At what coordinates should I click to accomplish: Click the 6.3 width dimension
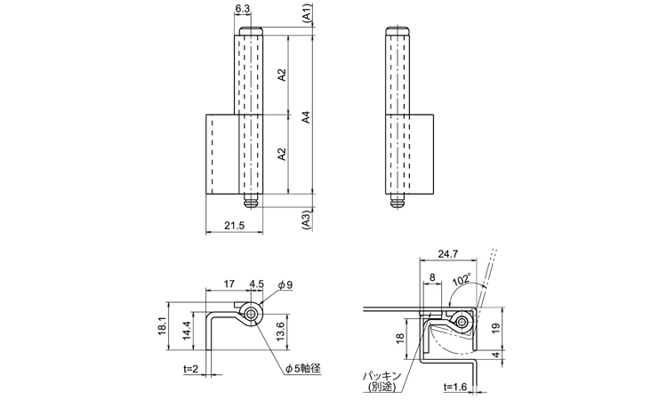pos(242,10)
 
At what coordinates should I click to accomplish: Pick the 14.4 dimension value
pos(185,331)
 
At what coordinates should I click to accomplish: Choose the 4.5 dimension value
pos(257,284)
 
